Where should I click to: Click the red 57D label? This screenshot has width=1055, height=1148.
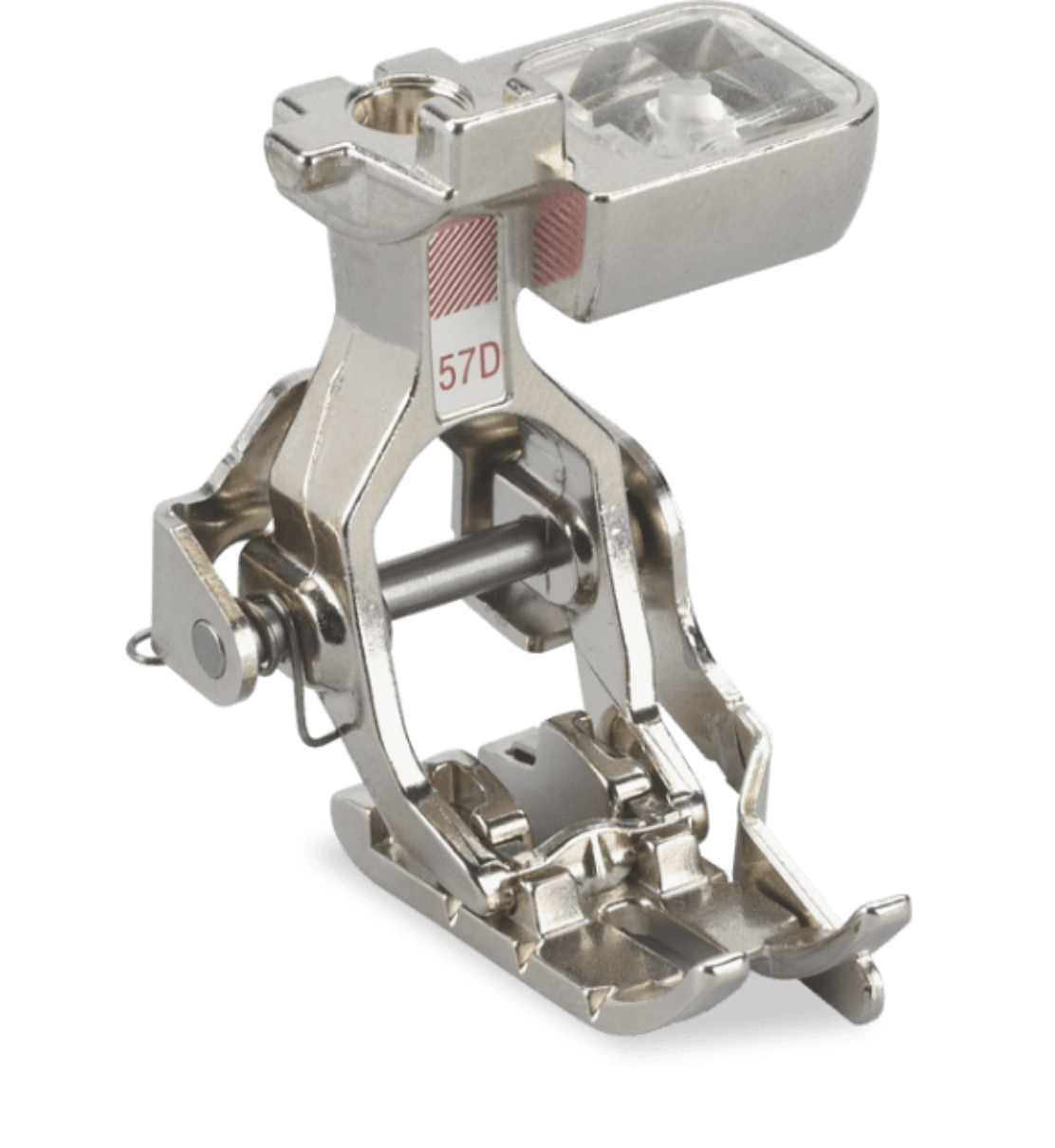pyautogui.click(x=468, y=371)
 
